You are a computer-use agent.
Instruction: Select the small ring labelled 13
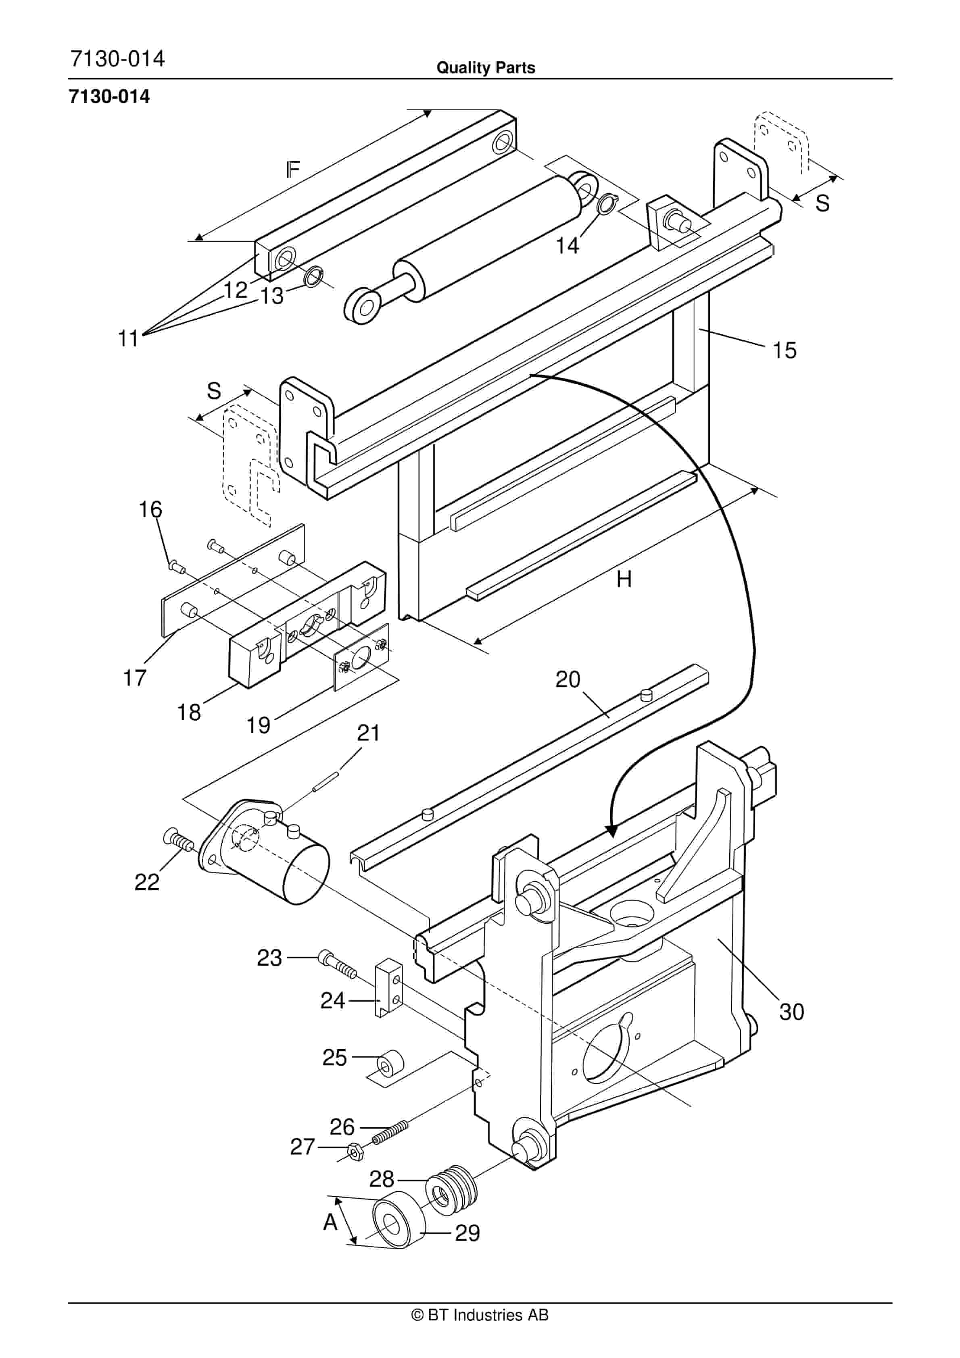point(313,276)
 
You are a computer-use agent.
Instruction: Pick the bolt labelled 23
point(337,961)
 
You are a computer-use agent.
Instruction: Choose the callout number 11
point(128,339)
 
